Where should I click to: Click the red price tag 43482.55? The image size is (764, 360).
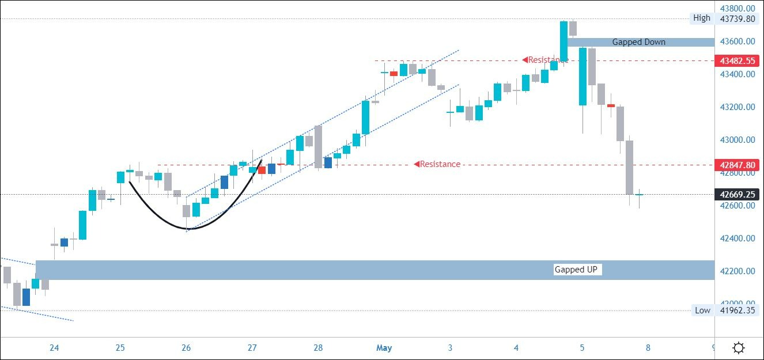tap(735, 60)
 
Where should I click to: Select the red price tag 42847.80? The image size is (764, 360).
tap(735, 165)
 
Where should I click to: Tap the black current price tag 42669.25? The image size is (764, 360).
tap(735, 195)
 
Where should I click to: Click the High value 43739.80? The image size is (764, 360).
tap(735, 18)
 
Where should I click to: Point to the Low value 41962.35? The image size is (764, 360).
tap(735, 310)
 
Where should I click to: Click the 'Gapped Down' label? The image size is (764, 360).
tap(638, 42)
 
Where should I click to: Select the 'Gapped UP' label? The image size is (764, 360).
tap(576, 270)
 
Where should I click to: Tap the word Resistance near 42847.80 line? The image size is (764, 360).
tap(440, 164)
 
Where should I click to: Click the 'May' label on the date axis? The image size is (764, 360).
tap(384, 348)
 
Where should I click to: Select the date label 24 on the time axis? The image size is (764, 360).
tap(54, 348)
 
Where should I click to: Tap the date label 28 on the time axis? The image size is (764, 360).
tap(318, 348)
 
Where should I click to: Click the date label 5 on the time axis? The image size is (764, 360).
tap(582, 348)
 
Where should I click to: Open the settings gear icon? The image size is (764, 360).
tap(739, 348)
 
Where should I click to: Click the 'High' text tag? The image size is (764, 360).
tap(701, 18)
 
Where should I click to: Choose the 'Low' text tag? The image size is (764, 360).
tap(702, 310)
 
